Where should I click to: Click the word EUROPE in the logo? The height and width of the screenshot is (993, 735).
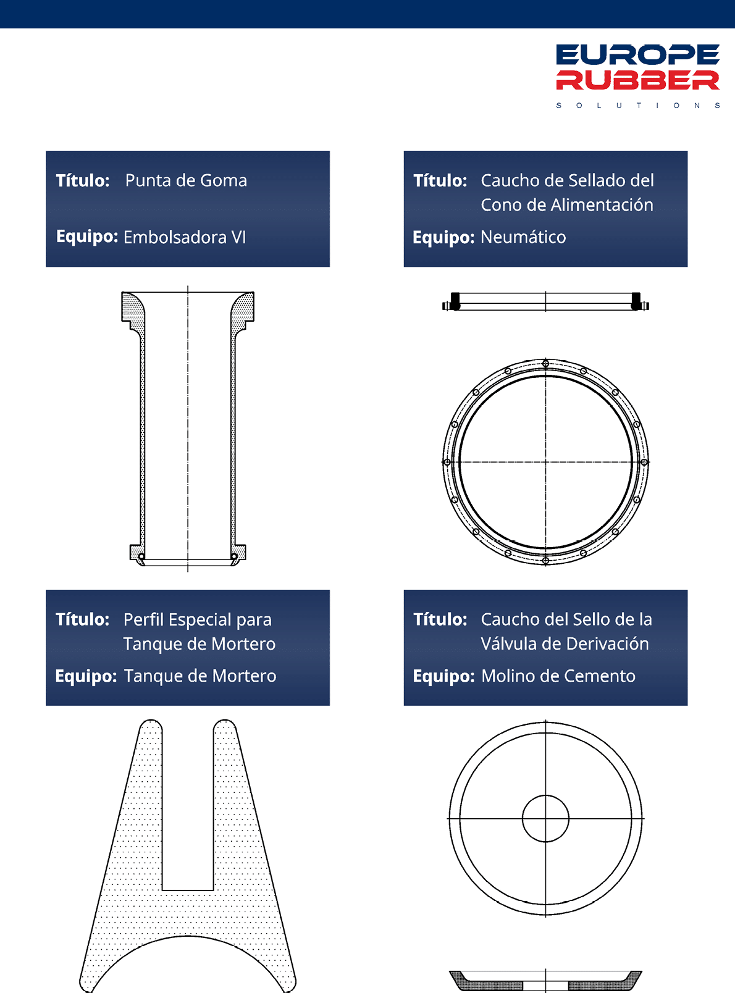[637, 54]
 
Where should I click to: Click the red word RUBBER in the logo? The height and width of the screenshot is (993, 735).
[637, 80]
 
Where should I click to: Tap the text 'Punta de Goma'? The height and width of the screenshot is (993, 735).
[186, 180]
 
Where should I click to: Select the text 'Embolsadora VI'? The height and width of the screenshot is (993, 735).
[185, 237]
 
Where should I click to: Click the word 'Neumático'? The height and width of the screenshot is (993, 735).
[523, 237]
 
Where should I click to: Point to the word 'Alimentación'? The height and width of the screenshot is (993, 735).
[602, 204]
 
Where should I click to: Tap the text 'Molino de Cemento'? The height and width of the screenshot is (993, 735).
[558, 676]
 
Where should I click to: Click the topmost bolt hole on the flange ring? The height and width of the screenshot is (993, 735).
[545, 364]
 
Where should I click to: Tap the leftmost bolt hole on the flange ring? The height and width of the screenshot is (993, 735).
[447, 461]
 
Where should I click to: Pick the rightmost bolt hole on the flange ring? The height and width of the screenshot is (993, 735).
[644, 461]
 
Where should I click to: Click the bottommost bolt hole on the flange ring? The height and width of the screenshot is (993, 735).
[545, 561]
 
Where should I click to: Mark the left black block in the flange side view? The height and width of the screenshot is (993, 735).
[455, 301]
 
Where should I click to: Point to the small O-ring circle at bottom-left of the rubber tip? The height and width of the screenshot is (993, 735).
[141, 556]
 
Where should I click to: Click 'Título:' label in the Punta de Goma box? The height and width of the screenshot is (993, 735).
[83, 180]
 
